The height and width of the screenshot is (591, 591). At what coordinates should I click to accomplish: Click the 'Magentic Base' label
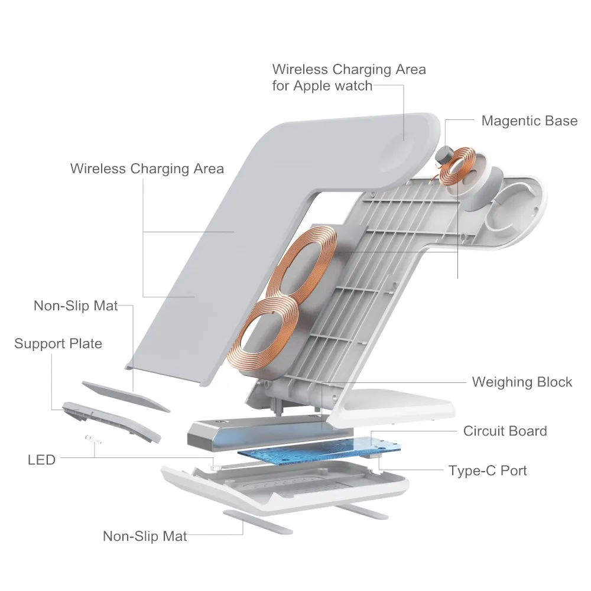[529, 121]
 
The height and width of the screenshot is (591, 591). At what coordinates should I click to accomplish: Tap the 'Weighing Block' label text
[522, 382]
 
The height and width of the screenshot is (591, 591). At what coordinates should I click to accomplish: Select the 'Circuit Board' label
[505, 431]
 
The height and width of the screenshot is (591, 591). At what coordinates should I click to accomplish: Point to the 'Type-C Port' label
[488, 470]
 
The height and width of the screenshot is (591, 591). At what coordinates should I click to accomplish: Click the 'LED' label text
[41, 459]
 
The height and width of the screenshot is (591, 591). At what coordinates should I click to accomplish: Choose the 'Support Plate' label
[58, 343]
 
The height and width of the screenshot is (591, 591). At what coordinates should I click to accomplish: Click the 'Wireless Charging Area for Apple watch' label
[349, 77]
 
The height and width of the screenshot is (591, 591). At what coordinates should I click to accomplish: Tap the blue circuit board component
[319, 452]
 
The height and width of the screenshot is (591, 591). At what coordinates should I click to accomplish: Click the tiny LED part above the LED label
[93, 439]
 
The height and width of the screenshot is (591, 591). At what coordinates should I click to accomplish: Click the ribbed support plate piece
[111, 421]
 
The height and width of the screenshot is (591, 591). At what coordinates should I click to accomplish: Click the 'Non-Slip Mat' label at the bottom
[145, 536]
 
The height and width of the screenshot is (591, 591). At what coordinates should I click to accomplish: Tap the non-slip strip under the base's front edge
[258, 522]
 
